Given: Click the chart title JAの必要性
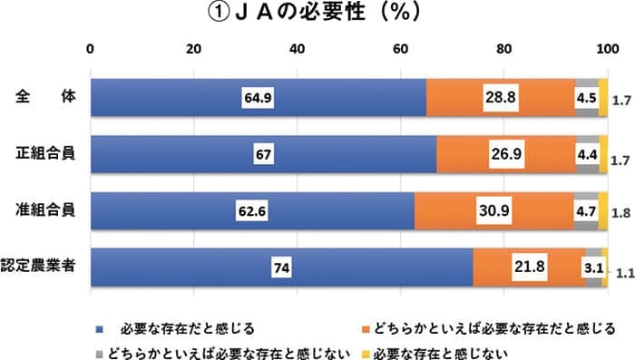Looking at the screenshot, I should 317,15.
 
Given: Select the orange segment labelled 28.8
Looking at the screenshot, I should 500,97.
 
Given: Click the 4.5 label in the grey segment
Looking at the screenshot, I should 586,97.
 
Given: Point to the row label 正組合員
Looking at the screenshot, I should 45,154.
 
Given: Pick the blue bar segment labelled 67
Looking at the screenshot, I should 264,154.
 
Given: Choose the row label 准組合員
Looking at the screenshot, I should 45,211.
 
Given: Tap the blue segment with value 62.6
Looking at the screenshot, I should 253,211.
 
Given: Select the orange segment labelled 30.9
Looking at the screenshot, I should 494,211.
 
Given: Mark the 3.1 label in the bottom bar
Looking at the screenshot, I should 593,268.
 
